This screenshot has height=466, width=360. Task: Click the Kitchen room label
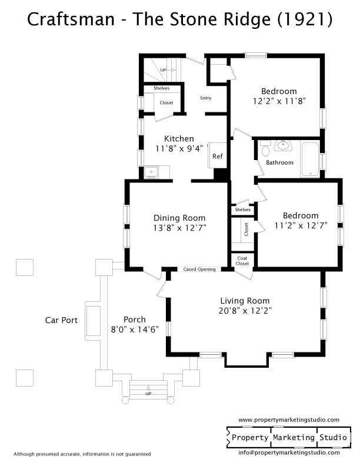179,138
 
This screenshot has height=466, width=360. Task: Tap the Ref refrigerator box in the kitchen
218,155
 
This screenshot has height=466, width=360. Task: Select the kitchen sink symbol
151,172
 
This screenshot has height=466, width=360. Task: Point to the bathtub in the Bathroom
310,159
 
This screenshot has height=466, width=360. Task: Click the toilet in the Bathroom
265,148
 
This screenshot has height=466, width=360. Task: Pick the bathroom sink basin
283,146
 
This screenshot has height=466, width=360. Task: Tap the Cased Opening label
199,269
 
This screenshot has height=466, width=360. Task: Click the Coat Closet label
242,261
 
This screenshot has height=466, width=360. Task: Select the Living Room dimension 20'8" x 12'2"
245,311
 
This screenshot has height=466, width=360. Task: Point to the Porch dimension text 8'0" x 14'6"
135,329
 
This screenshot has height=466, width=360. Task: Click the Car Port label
61,320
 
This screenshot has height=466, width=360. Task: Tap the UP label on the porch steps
148,394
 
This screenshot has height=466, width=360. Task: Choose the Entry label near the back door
206,98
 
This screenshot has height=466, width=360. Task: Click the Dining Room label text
179,218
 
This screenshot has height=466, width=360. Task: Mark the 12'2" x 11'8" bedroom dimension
279,101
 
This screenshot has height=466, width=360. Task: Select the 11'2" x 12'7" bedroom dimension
301,225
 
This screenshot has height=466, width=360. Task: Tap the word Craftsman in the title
71,19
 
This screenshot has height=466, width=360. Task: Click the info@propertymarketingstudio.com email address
289,452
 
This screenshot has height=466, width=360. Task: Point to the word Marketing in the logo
294,438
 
